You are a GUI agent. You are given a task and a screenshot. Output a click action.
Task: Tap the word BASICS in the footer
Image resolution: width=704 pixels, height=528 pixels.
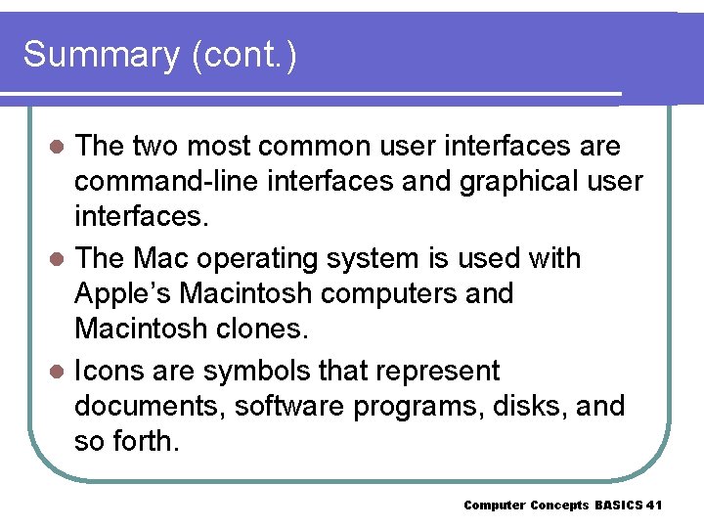click(618, 506)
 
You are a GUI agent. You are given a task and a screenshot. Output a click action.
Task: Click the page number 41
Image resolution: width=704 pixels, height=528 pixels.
click(654, 506)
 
